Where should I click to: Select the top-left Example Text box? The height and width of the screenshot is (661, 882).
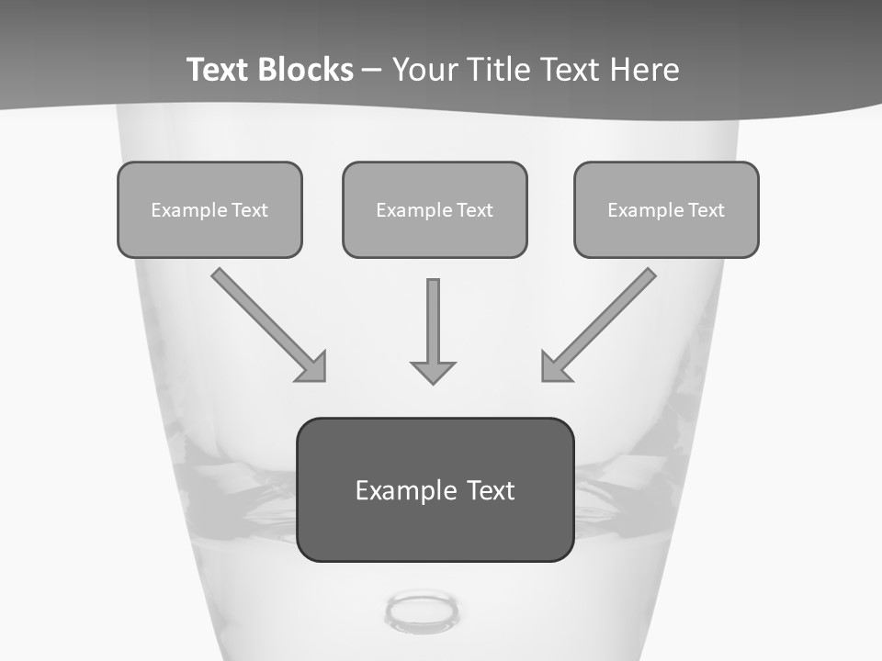[209, 209]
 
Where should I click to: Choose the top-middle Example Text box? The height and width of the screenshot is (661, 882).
[435, 209]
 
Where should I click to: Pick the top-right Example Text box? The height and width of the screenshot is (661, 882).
[666, 209]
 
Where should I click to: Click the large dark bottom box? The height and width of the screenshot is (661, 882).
[435, 489]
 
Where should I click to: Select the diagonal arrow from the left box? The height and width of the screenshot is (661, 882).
[262, 319]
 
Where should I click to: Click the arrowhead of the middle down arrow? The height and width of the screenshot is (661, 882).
[433, 371]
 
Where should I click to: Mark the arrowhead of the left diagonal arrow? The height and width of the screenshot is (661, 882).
[313, 368]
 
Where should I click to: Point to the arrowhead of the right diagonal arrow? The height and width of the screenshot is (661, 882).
[554, 368]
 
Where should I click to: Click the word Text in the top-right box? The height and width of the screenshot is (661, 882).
[707, 210]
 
